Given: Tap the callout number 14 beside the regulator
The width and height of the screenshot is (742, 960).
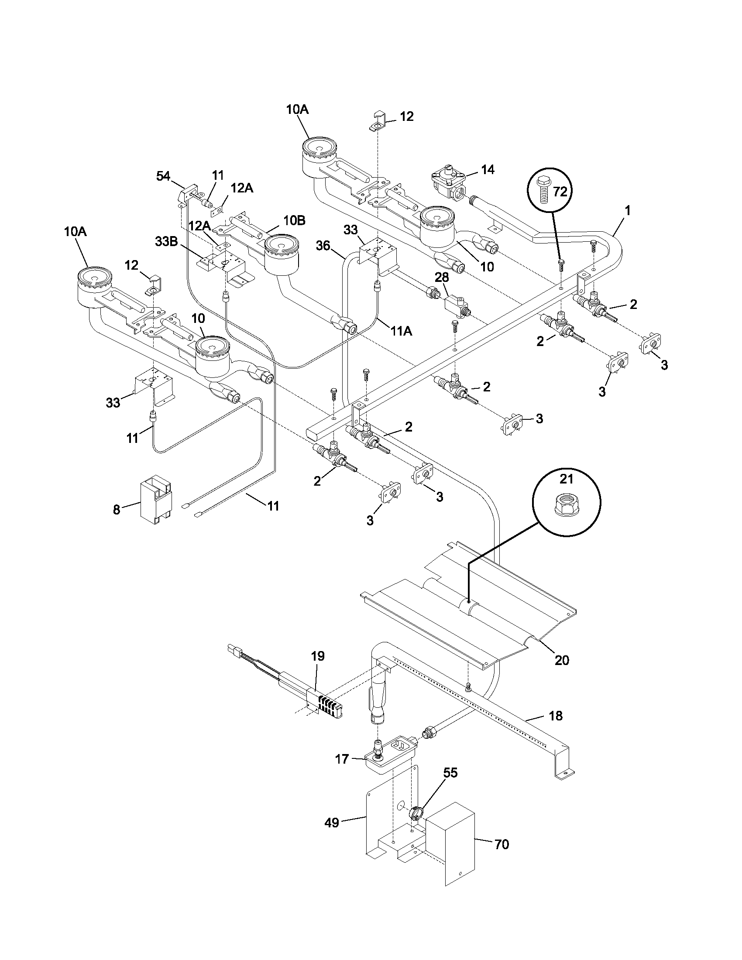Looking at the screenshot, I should (x=488, y=169).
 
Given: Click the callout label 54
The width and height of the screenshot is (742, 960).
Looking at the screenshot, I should (x=163, y=176).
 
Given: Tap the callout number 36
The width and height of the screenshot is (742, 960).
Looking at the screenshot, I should (x=323, y=246).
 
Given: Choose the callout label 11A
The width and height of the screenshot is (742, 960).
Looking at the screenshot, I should (x=400, y=331).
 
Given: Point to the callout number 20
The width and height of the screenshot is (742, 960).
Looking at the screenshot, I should (x=562, y=672).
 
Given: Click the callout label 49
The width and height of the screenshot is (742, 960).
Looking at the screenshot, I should (x=332, y=822).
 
